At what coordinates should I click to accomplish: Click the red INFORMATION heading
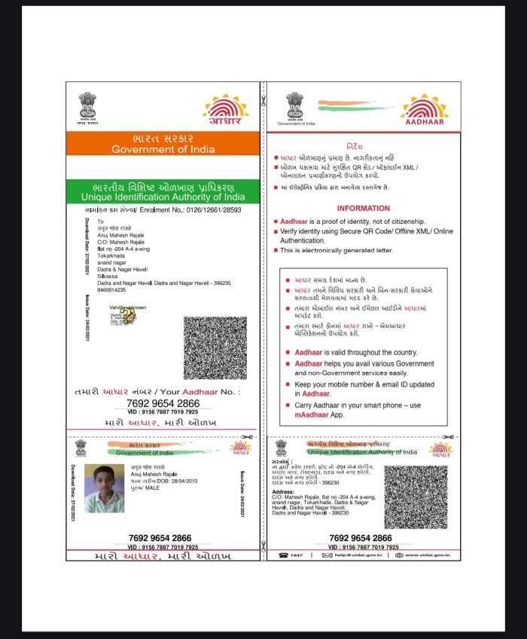click(x=363, y=208)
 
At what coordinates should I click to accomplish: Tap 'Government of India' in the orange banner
click(x=163, y=149)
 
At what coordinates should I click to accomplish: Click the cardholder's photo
click(x=104, y=488)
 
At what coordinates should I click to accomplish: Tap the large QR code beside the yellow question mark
click(x=215, y=347)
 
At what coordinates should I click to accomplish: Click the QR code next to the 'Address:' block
click(x=416, y=497)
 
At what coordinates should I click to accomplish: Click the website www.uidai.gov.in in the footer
click(x=426, y=555)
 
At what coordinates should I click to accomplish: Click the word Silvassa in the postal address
click(x=109, y=276)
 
